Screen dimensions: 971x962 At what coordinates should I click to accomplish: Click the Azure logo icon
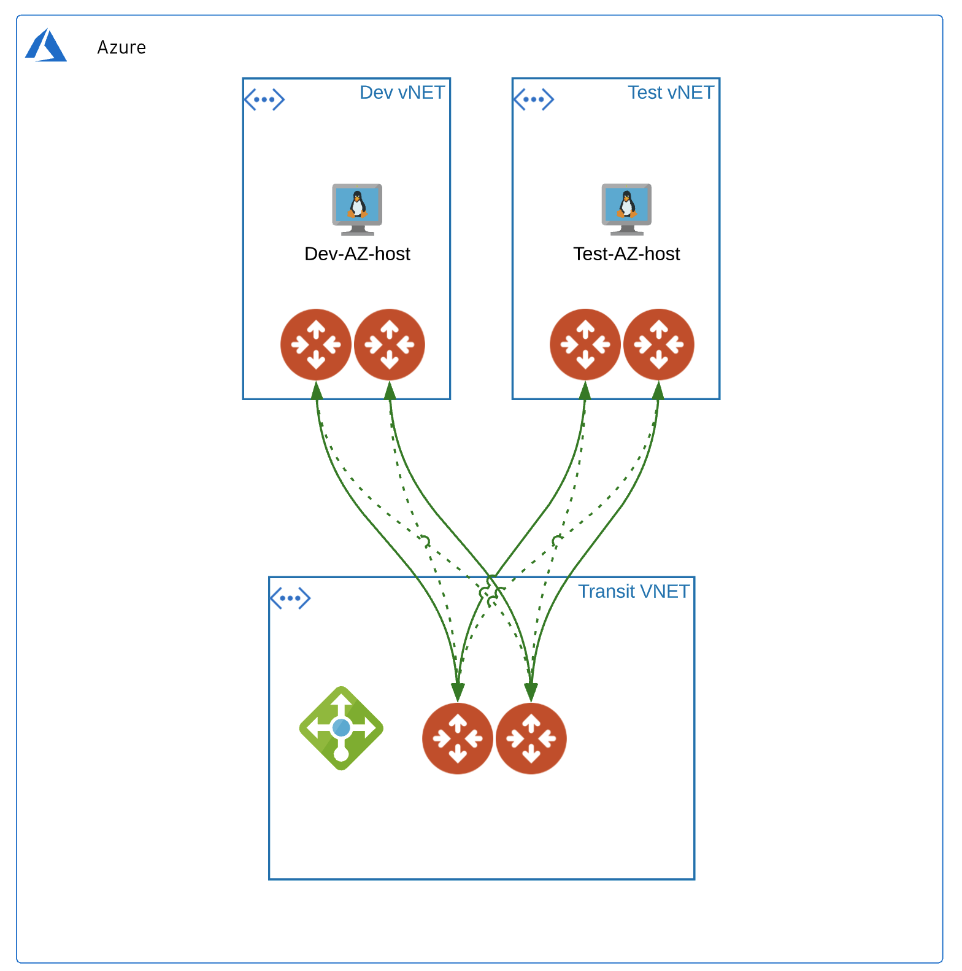pyautogui.click(x=45, y=45)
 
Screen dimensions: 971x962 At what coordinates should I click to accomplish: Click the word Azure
pyautogui.click(x=121, y=47)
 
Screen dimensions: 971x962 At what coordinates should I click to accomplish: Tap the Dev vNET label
pyautogui.click(x=402, y=93)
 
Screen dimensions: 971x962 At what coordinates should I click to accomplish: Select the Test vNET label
pyautogui.click(x=671, y=93)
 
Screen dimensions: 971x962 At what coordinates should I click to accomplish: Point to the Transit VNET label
pyautogui.click(x=633, y=591)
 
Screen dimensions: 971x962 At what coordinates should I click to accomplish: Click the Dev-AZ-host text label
pyautogui.click(x=357, y=253)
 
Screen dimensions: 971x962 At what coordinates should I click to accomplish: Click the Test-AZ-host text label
pyautogui.click(x=626, y=253)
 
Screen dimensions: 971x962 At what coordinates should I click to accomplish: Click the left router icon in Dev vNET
pyautogui.click(x=316, y=344)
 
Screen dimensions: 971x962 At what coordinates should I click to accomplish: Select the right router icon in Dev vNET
pyautogui.click(x=390, y=344)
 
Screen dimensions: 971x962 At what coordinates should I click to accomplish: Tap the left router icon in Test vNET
pyautogui.click(x=585, y=344)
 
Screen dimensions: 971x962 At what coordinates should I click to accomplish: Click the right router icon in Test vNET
pyautogui.click(x=659, y=344)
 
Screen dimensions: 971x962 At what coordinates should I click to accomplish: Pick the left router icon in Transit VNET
pyautogui.click(x=458, y=738)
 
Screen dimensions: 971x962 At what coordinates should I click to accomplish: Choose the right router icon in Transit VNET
pyautogui.click(x=531, y=738)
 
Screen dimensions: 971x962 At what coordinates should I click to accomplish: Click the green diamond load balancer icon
pyautogui.click(x=341, y=728)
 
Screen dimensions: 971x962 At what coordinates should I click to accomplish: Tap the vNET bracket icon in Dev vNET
pyautogui.click(x=264, y=99)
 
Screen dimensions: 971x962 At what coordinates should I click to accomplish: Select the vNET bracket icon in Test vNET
pyautogui.click(x=534, y=99)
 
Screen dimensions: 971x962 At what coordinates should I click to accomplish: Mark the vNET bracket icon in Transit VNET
pyautogui.click(x=290, y=598)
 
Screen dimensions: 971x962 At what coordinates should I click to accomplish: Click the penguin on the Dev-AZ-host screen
pyautogui.click(x=357, y=204)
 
